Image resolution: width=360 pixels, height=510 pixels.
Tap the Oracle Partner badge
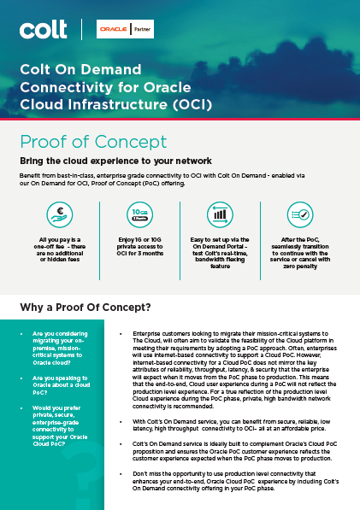(x=119, y=30)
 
